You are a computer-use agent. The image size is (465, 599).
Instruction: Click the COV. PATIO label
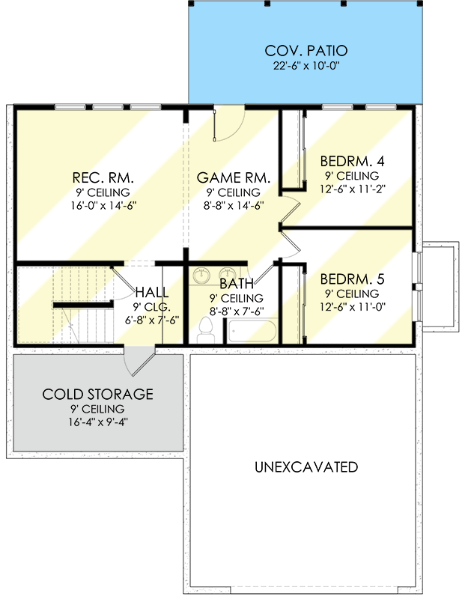point(306,50)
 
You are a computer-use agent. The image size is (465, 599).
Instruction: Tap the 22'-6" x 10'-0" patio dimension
point(306,66)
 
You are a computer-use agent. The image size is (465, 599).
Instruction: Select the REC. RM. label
point(103,177)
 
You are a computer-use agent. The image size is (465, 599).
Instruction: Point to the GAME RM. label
point(234,177)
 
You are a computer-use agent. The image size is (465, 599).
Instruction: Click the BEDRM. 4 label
point(352,161)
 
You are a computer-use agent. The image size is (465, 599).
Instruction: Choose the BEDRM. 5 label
point(352,279)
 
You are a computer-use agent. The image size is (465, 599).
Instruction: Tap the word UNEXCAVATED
point(306,466)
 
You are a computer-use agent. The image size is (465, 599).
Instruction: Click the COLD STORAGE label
point(98,395)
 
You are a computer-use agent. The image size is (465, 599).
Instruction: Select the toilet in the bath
point(206,331)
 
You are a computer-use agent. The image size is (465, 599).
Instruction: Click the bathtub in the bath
point(252,331)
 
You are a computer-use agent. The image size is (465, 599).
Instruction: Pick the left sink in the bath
point(201,275)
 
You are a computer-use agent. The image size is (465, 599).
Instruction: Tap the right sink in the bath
point(228,275)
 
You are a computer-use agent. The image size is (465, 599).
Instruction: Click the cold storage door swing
point(139,362)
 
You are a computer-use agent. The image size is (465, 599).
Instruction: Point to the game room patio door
point(228,125)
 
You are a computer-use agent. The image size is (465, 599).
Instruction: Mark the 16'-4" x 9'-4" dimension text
point(98,422)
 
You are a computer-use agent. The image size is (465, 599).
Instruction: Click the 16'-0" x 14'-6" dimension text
point(103,206)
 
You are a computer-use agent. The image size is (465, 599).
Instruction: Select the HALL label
point(152,293)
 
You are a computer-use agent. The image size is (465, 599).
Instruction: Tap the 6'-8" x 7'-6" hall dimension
point(152,320)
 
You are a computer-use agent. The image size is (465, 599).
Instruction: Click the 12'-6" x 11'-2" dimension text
point(353,189)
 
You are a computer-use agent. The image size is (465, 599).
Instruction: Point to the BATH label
point(237,284)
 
